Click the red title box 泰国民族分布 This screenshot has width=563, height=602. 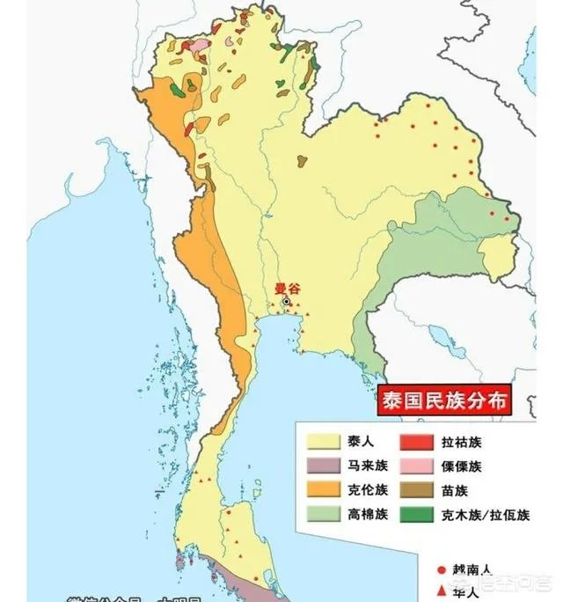pyautogui.click(x=444, y=400)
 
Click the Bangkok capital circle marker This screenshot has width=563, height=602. pyautogui.click(x=286, y=301)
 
